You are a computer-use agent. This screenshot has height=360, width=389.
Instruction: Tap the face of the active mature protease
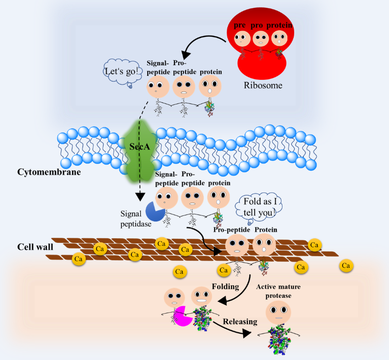(278, 311)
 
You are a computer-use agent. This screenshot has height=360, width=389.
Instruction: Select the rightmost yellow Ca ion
(347, 265)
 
